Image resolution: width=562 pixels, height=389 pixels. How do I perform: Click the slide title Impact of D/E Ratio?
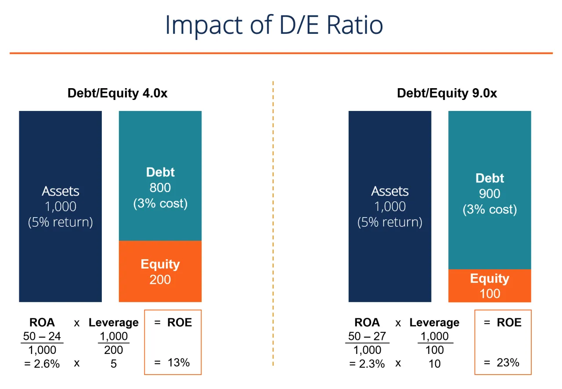click(x=274, y=25)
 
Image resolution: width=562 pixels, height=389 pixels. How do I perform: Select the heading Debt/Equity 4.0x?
click(x=117, y=93)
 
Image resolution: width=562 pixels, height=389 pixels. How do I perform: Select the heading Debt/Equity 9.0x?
click(x=447, y=93)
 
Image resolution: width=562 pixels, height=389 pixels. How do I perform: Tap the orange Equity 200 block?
click(x=160, y=271)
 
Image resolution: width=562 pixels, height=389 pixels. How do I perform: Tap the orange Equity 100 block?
click(x=490, y=286)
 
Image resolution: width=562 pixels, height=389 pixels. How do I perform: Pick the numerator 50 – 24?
click(x=42, y=336)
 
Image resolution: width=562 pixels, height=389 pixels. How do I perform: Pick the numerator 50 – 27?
click(x=367, y=336)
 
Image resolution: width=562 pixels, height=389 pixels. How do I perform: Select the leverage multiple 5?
click(x=113, y=364)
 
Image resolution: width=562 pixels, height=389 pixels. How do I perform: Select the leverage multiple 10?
click(x=434, y=364)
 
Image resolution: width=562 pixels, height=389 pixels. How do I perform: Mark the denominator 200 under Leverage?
click(x=113, y=350)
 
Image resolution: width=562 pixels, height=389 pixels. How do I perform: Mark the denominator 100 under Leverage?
click(x=434, y=350)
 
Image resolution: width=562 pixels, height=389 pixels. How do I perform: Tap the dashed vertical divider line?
click(x=273, y=219)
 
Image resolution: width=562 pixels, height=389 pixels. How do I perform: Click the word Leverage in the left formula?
click(x=113, y=323)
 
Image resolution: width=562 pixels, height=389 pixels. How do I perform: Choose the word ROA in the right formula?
click(x=367, y=323)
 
